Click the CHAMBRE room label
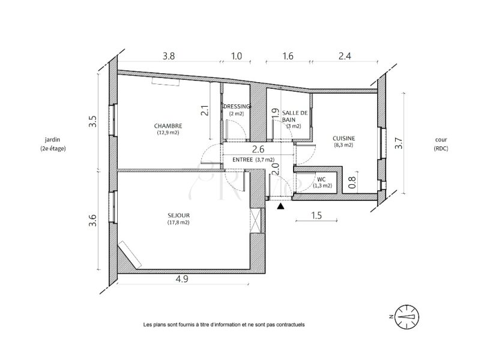pos(168,126)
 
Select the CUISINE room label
pos(343,139)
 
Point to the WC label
pos(321,179)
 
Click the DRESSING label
pos(237,106)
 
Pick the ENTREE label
pos(243,160)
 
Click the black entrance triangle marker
pos(280,206)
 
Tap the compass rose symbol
pos(407,317)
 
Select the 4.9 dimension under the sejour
pos(181,279)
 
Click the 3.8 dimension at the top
pos(169,56)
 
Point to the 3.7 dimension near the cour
pos(399,143)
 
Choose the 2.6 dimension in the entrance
pos(258,149)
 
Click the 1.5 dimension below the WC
pos(316,215)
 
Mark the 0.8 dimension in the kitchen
pos(352,182)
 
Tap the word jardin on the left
pos(52,139)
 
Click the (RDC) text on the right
pos(441,148)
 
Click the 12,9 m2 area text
pos(168,133)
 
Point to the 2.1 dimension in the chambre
pos(204,111)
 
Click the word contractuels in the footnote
pos(290,325)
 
